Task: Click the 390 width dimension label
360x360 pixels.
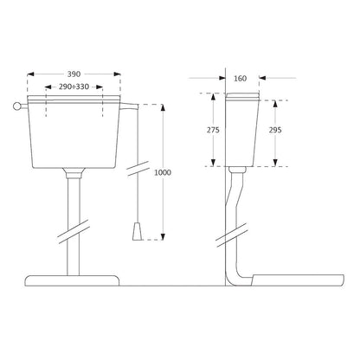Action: tap(74, 74)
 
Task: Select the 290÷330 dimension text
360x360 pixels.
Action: tap(74, 87)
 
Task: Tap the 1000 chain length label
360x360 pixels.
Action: tap(163, 172)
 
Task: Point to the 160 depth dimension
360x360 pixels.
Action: tap(240, 78)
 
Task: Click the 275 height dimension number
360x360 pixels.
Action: tap(213, 130)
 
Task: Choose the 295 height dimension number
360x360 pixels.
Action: tap(275, 130)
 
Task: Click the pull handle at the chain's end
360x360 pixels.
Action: tap(138, 232)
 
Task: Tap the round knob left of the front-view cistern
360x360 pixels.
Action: tap(16, 106)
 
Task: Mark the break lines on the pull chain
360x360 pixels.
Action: tap(138, 169)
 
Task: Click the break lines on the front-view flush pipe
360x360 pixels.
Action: tap(74, 232)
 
